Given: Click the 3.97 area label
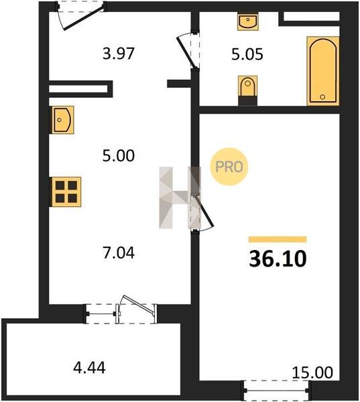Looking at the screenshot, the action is tap(119, 54).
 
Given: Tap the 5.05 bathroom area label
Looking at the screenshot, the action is tap(247, 54).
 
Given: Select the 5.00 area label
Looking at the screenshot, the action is tap(119, 155).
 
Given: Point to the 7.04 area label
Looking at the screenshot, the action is tap(119, 253).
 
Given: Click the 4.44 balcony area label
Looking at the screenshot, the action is tap(89, 368).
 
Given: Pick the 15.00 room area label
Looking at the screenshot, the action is tap(312, 373).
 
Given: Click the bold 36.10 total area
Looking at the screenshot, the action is tap(278, 259).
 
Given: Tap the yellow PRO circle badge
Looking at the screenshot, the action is tap(229, 167).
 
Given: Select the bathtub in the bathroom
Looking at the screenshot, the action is tap(323, 71).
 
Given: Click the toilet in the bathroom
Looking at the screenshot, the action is tap(247, 90).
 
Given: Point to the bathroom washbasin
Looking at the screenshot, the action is tap(247, 21).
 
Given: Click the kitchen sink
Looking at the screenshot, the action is tap(63, 120).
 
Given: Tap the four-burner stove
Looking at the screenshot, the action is tap(66, 192).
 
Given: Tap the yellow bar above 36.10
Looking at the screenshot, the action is tap(278, 239).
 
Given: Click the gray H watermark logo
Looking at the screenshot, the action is tap(180, 198).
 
